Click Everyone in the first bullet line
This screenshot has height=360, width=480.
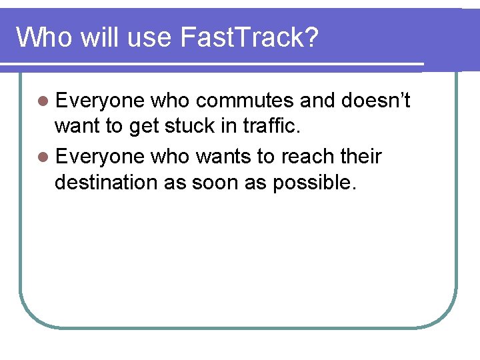(100, 101)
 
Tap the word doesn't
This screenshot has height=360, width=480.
(375, 101)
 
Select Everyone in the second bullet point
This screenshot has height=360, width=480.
(100, 157)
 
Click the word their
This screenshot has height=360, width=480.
(361, 157)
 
